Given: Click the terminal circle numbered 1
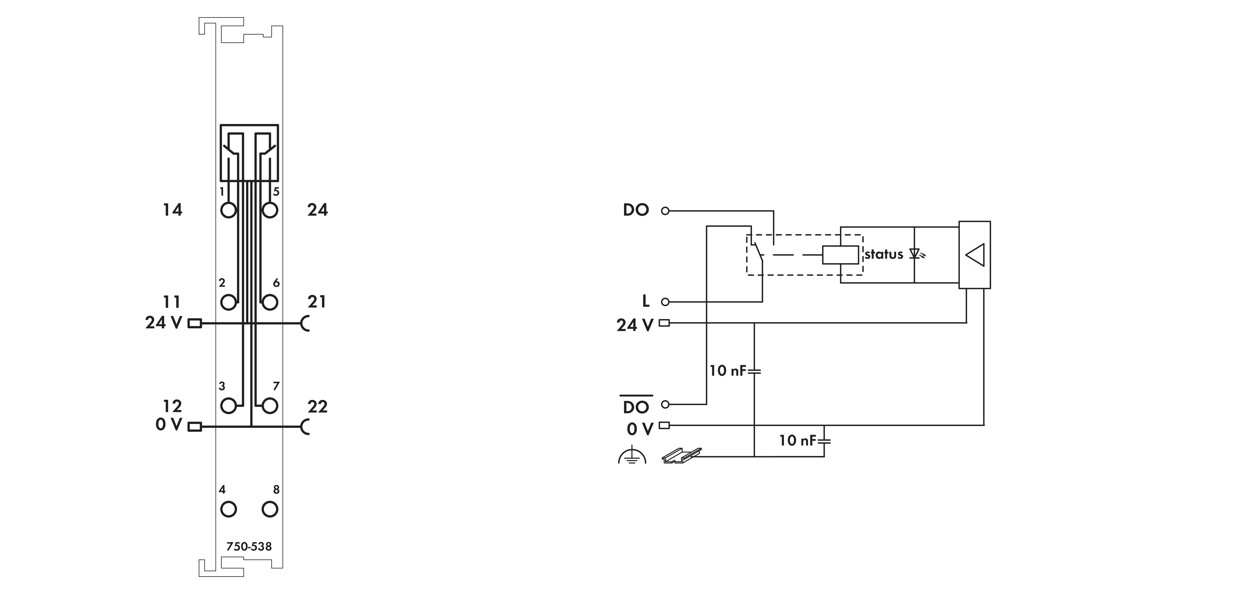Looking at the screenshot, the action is pyautogui.click(x=228, y=210).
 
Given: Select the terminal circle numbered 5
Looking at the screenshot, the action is pyautogui.click(x=270, y=210).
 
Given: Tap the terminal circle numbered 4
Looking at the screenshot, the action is pyautogui.click(x=228, y=509).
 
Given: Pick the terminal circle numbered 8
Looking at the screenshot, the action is pyautogui.click(x=270, y=509).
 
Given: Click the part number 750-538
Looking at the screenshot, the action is pyautogui.click(x=249, y=546).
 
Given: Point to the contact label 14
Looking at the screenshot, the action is pyautogui.click(x=172, y=210).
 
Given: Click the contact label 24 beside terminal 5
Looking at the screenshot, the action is pyautogui.click(x=318, y=210).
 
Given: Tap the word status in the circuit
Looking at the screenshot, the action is pyautogui.click(x=884, y=254).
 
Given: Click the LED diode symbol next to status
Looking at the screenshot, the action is pyautogui.click(x=917, y=254).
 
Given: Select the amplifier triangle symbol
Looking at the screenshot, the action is pyautogui.click(x=975, y=254).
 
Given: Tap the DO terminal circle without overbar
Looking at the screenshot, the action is pyautogui.click(x=665, y=211).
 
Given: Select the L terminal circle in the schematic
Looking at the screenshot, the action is pyautogui.click(x=665, y=302).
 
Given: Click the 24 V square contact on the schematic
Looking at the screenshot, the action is pyautogui.click(x=664, y=323).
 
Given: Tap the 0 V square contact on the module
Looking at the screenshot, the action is pyautogui.click(x=195, y=427).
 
